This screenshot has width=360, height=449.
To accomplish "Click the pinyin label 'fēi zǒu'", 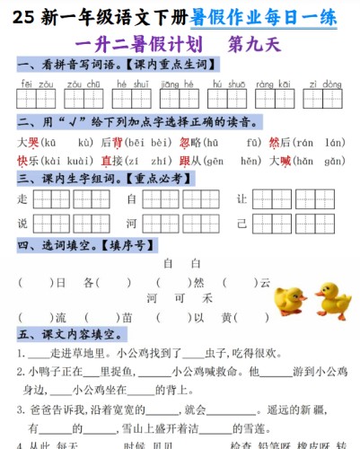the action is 34,83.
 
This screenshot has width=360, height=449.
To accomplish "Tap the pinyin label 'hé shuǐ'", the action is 133,83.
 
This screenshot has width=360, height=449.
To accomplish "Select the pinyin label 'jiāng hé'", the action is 180,83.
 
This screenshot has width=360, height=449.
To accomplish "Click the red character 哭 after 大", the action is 33,142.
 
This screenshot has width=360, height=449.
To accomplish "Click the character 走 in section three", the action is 22,198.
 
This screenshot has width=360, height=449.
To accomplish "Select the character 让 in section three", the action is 241,198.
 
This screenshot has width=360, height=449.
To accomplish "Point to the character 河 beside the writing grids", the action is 131,223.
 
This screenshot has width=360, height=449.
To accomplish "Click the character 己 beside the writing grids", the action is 241,223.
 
